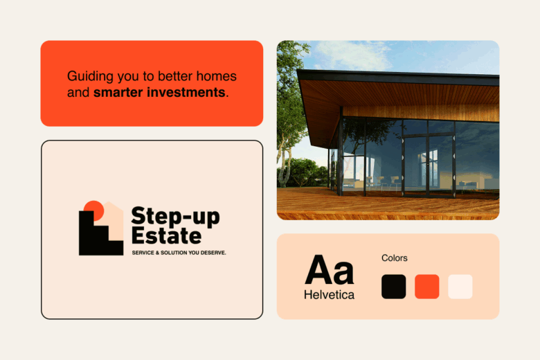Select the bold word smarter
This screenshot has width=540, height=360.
(118, 91)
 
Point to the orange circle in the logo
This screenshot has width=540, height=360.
(93, 208)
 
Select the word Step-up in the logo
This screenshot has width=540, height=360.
(174, 217)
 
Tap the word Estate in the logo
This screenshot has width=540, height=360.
(165, 235)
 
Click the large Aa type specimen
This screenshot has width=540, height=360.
(329, 271)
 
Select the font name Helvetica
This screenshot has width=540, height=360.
(329, 295)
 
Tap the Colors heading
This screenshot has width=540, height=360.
(395, 258)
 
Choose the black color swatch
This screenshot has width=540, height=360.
(393, 287)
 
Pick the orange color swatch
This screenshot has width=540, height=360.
(426, 287)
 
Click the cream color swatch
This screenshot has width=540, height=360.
(460, 287)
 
